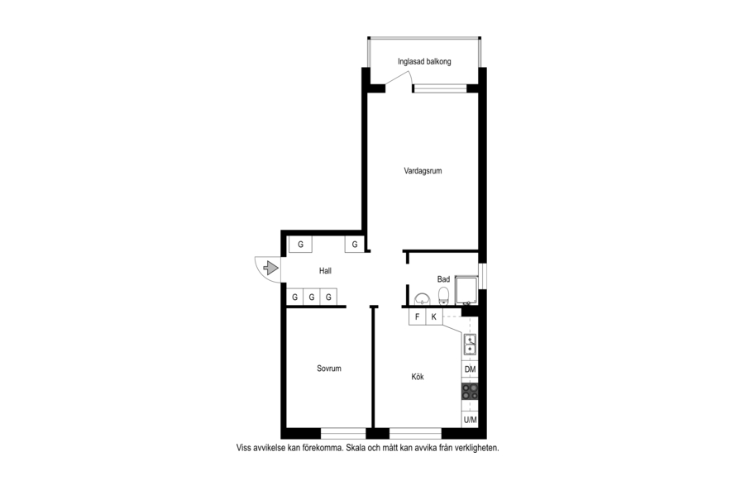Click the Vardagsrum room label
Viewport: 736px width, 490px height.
[423, 171]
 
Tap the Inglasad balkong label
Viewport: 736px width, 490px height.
[424, 61]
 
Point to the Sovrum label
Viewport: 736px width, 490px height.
[328, 369]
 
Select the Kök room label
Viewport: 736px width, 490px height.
[418, 377]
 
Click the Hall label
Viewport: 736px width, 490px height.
[325, 270]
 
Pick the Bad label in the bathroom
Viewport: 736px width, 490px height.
[443, 279]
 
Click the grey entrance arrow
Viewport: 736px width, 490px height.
[271, 268]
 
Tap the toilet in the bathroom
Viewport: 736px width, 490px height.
[443, 297]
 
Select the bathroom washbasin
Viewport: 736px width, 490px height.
[423, 298]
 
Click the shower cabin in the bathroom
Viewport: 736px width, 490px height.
[466, 290]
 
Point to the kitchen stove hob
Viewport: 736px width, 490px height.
[470, 392]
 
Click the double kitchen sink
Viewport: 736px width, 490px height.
[470, 345]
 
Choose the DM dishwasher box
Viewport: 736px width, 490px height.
[470, 369]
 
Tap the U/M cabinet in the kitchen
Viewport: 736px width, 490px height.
[470, 420]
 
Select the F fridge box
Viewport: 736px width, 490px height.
[418, 317]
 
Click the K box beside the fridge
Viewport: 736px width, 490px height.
[434, 317]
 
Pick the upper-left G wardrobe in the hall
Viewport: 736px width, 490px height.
[300, 245]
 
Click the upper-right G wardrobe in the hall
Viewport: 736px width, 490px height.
[355, 245]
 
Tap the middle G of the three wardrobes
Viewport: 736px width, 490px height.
[312, 297]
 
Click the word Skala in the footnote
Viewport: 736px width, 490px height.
[356, 448]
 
